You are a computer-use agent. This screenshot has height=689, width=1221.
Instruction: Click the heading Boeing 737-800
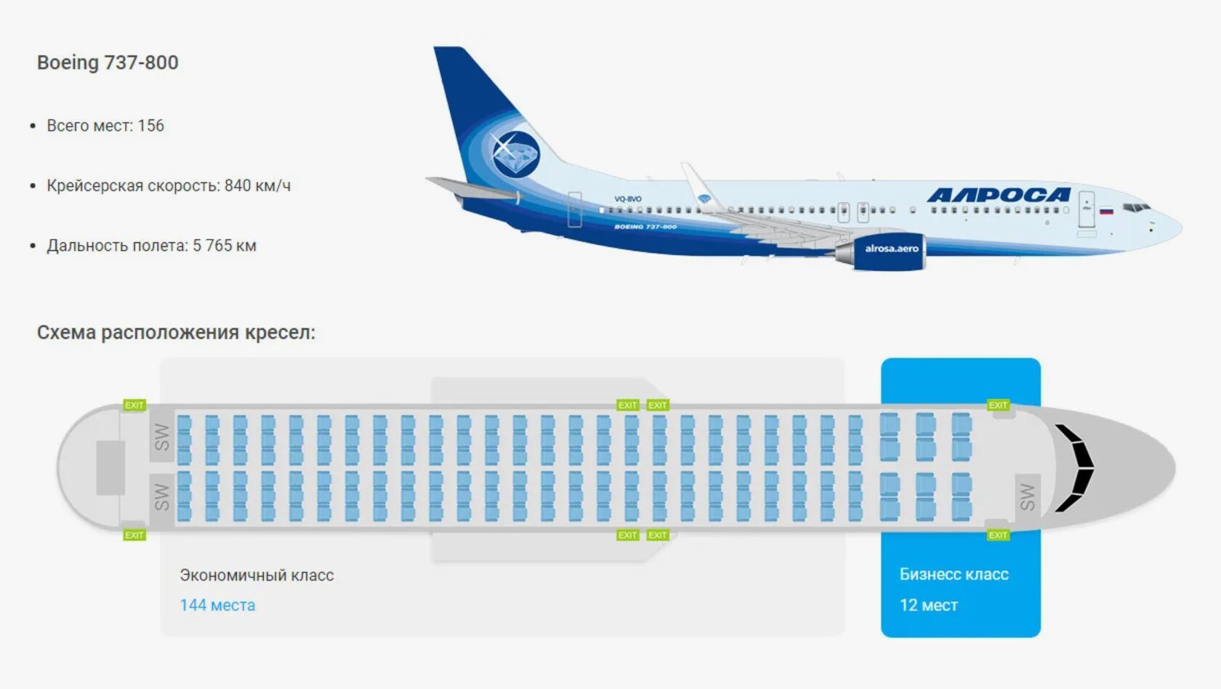(x=108, y=63)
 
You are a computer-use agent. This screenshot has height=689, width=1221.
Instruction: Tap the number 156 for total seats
(x=151, y=126)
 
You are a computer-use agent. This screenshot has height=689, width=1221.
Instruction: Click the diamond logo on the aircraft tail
(x=515, y=153)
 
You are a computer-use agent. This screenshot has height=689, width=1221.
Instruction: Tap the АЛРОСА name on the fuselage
(x=999, y=195)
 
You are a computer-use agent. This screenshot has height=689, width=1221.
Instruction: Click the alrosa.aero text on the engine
(x=891, y=249)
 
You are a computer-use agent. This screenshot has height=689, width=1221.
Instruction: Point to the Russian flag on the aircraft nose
(x=1105, y=211)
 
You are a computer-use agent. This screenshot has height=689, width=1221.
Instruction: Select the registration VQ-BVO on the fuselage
(x=628, y=199)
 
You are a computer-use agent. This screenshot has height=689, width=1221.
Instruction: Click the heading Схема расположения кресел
(x=176, y=333)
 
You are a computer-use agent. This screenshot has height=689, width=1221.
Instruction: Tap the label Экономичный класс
(x=257, y=575)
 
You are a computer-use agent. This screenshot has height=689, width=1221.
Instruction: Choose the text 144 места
(x=217, y=605)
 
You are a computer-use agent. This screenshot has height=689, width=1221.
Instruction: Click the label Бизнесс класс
(x=954, y=574)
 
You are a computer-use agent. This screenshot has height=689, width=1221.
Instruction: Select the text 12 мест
(x=928, y=605)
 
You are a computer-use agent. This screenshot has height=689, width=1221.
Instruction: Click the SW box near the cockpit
(x=1027, y=496)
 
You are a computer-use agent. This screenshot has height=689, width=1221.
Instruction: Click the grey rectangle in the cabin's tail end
(x=110, y=467)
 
